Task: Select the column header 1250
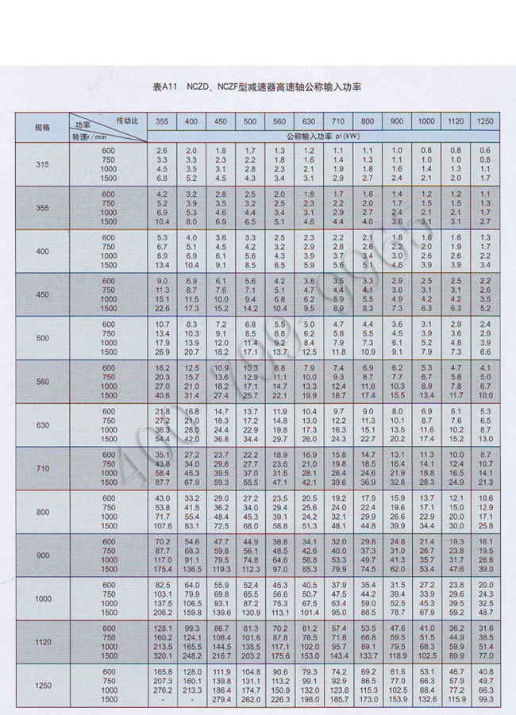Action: click(x=484, y=121)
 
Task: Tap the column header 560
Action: click(x=279, y=121)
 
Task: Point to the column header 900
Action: click(x=396, y=121)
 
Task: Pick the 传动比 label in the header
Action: click(x=128, y=119)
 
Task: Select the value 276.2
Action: click(x=162, y=692)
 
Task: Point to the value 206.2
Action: click(x=162, y=612)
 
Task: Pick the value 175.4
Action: click(x=162, y=568)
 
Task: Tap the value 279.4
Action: click(x=221, y=699)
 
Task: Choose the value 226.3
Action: click(x=279, y=699)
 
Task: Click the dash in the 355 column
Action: click(x=162, y=699)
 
